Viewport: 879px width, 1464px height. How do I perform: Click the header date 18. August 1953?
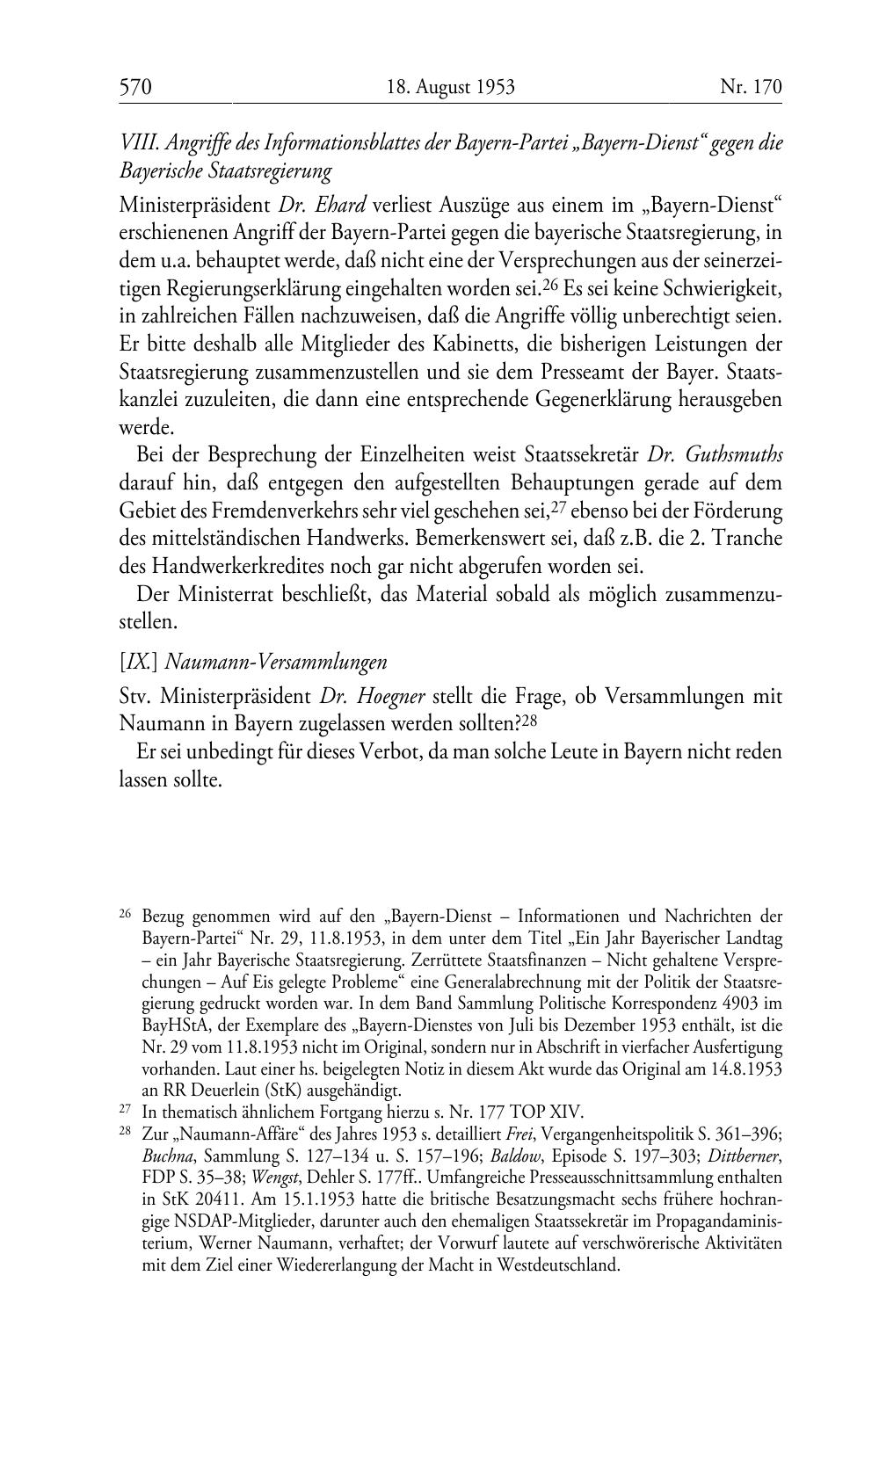(450, 87)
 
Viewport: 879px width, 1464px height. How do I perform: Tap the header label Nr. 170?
(751, 87)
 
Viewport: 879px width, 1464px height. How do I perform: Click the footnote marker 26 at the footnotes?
(124, 913)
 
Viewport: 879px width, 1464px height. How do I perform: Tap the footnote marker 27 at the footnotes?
(124, 1108)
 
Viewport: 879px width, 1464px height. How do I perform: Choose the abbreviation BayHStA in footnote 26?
(172, 1025)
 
